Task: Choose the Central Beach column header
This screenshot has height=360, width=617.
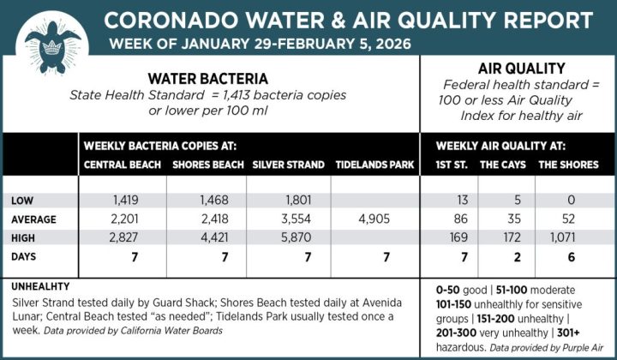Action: (x=123, y=165)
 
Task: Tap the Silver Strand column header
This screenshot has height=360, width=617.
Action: (x=288, y=165)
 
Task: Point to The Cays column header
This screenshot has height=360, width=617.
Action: (x=501, y=165)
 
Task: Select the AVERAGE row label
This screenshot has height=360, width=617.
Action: (x=34, y=219)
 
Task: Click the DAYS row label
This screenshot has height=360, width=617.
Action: (x=25, y=256)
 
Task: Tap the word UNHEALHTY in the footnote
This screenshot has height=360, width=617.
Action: (x=40, y=286)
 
